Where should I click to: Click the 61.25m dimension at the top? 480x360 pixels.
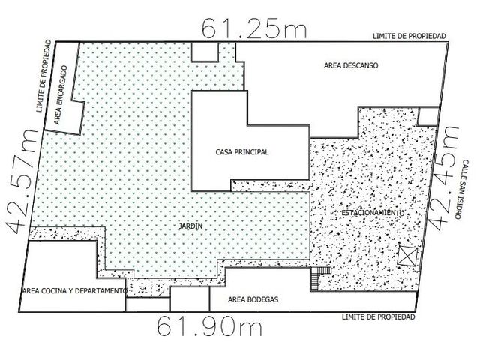tap(253, 28)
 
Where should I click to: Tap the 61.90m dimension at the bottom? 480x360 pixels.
tap(210, 325)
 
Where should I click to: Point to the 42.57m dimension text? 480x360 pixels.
tap(21, 181)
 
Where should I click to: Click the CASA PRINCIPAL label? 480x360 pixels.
tap(242, 151)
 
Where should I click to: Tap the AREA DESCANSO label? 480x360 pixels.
tap(351, 65)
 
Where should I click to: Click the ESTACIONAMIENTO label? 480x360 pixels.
tap(373, 213)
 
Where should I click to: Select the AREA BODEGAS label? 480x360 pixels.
tap(253, 299)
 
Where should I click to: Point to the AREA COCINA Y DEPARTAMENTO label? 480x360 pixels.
tap(75, 290)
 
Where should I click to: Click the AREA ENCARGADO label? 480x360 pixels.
tap(61, 95)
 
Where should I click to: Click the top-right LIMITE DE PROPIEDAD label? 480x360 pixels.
tap(409, 36)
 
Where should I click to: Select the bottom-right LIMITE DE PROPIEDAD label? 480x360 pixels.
tap(378, 316)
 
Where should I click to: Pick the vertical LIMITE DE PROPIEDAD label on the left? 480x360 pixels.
tap(43, 76)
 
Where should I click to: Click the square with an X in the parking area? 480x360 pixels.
tap(408, 256)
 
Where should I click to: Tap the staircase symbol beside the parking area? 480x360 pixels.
tap(321, 278)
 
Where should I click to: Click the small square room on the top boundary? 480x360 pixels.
tap(205, 52)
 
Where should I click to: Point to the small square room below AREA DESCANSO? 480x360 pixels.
tap(428, 116)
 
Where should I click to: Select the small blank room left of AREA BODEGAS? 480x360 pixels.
tap(190, 298)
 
